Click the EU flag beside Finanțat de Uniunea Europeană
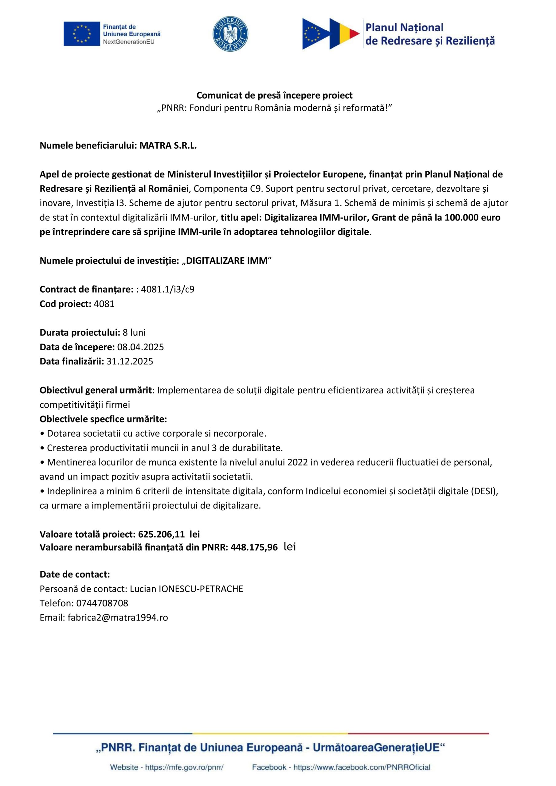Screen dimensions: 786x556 [x=81, y=34]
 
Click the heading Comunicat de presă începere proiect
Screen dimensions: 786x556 [x=274, y=95]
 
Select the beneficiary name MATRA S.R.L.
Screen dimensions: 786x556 [x=168, y=146]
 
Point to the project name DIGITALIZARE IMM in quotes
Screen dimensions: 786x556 [x=226, y=261]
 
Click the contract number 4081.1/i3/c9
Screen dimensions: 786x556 [x=167, y=290]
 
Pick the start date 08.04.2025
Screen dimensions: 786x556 [x=140, y=347]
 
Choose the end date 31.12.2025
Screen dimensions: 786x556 [x=130, y=361]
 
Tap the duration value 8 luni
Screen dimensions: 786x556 [x=134, y=333]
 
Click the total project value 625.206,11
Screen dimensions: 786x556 [x=161, y=534]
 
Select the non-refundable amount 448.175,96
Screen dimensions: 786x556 [x=254, y=547]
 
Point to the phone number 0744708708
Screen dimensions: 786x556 [x=102, y=603]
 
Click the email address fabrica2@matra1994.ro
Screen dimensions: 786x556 [x=118, y=617]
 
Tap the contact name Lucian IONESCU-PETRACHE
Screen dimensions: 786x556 [x=186, y=589]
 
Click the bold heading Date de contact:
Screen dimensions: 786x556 [x=75, y=574]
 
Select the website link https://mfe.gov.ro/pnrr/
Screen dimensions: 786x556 [x=184, y=767]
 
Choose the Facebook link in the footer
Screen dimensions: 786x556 [x=362, y=767]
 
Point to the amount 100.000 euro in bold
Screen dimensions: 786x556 [x=472, y=218]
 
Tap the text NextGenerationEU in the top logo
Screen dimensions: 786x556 [x=128, y=42]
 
